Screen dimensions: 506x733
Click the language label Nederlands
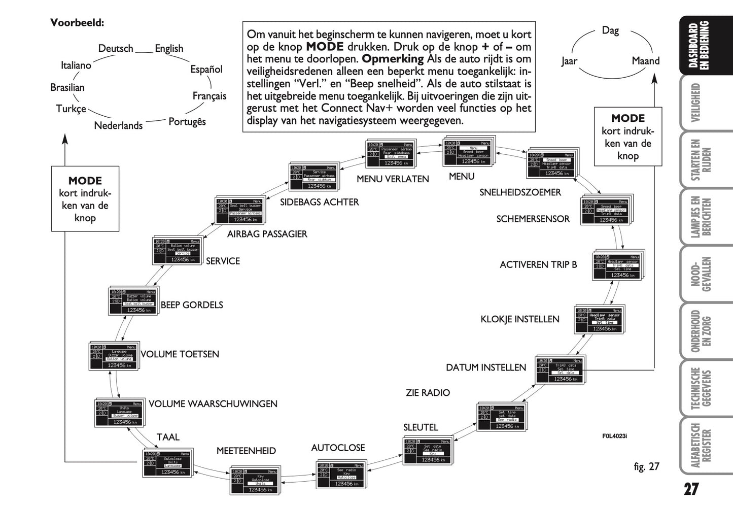click(118, 125)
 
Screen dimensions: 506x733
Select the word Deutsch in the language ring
click(116, 48)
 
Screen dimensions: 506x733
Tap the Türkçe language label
click(71, 109)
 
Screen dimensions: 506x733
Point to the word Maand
click(645, 61)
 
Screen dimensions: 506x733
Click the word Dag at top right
click(610, 30)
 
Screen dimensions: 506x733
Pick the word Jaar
click(569, 61)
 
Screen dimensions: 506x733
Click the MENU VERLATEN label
click(393, 179)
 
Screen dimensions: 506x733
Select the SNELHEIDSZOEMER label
click(520, 192)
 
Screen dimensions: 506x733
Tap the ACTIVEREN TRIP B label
click(538, 264)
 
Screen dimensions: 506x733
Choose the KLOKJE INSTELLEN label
click(519, 319)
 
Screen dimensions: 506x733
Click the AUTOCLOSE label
click(338, 448)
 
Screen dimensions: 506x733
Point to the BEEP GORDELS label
click(192, 305)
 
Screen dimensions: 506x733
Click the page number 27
click(691, 489)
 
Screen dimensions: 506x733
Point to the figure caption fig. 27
click(646, 466)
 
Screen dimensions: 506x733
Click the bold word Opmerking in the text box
click(392, 59)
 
